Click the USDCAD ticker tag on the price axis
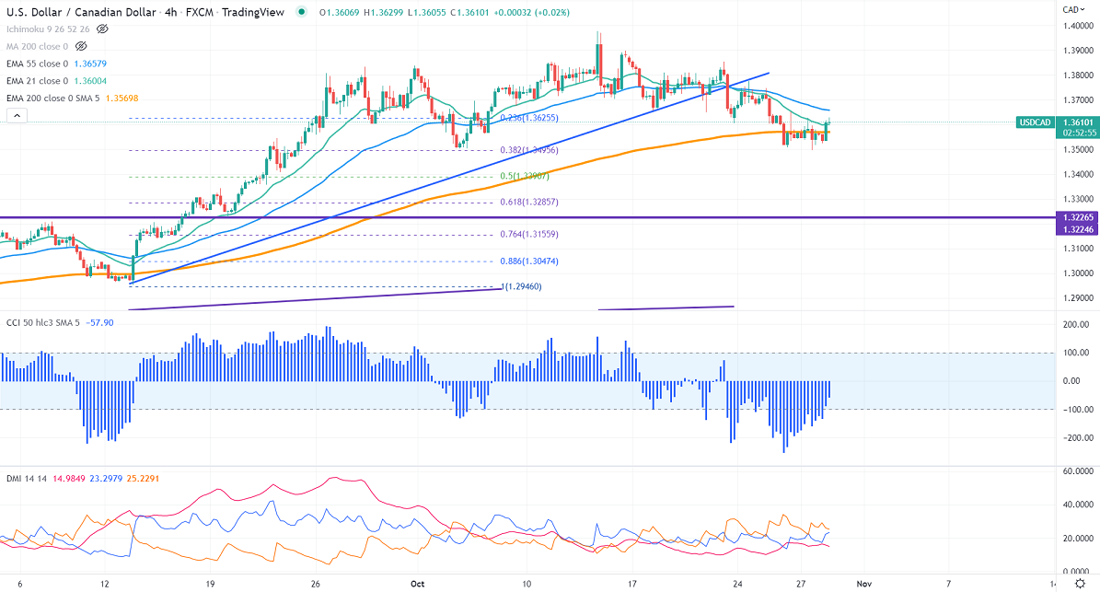click(x=1036, y=122)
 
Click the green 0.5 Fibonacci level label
click(x=524, y=177)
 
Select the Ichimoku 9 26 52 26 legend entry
click(x=47, y=29)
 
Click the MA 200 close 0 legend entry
click(x=36, y=45)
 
